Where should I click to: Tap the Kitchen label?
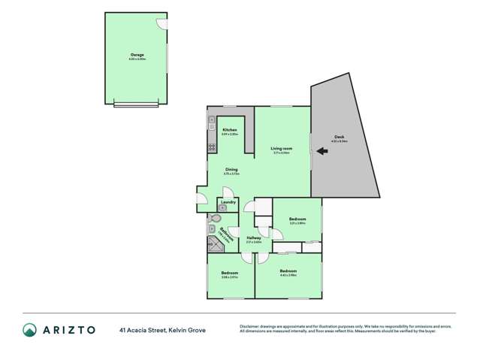(230, 130)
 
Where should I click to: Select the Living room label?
(282, 148)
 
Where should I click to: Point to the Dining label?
(232, 170)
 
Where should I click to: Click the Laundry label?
(230, 201)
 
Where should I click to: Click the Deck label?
(339, 138)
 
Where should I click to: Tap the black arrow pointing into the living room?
(322, 151)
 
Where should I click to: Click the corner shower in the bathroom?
(213, 244)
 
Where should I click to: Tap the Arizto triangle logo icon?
(29, 329)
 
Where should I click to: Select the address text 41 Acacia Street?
(142, 329)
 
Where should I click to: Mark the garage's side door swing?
(161, 23)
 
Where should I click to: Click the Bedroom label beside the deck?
(297, 219)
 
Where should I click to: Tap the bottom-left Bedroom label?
(230, 273)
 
